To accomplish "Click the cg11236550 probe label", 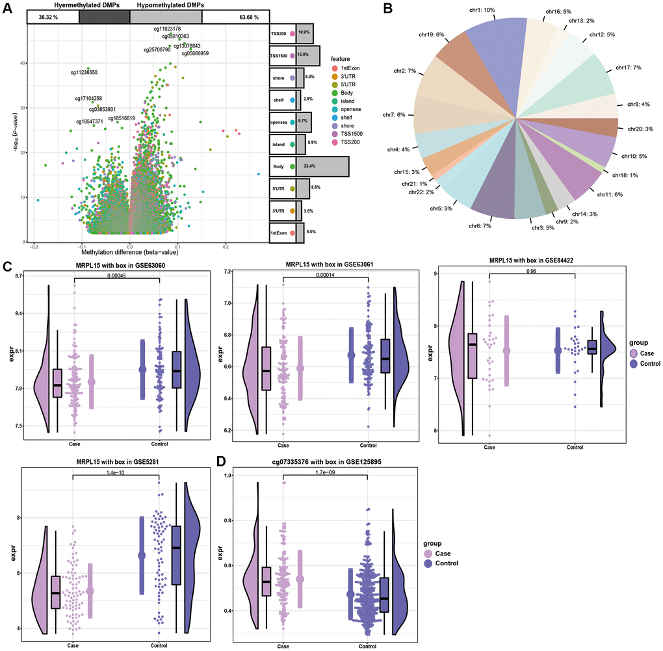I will click(84, 72).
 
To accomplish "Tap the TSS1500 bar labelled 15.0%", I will click(307, 55).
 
